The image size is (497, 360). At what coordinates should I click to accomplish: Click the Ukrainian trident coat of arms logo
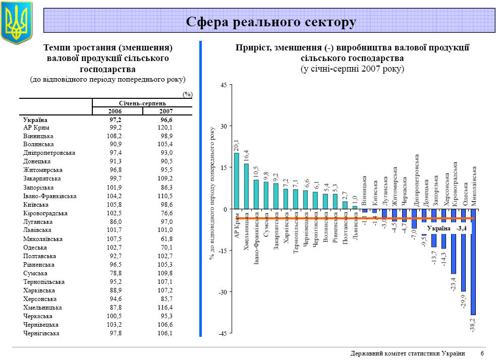point(17,23)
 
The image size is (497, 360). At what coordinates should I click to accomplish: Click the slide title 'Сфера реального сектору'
point(271,22)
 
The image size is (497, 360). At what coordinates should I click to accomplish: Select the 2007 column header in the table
point(166,111)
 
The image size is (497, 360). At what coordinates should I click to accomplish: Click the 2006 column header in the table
point(115,111)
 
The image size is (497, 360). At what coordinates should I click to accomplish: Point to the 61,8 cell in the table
point(165,238)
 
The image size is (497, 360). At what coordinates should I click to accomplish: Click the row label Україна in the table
point(35,120)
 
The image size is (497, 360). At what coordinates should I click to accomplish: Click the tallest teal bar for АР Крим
point(237,181)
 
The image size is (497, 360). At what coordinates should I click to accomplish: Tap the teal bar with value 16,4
point(246,186)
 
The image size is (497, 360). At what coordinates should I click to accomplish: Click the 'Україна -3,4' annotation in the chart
point(446,228)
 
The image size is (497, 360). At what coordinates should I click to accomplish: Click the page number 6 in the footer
point(482,353)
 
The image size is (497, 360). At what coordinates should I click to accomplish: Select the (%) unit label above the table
point(187,94)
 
